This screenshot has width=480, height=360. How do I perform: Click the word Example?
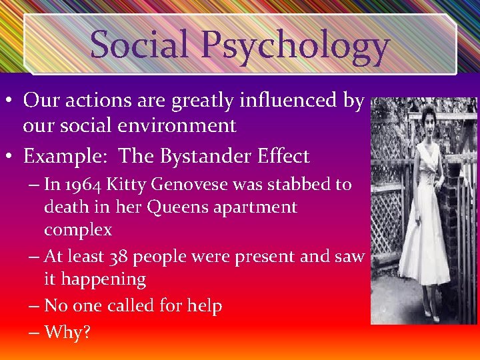64,157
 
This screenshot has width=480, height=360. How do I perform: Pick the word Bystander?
199,157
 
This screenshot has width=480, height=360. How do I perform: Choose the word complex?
78,231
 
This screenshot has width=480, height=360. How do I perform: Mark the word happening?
104,279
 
